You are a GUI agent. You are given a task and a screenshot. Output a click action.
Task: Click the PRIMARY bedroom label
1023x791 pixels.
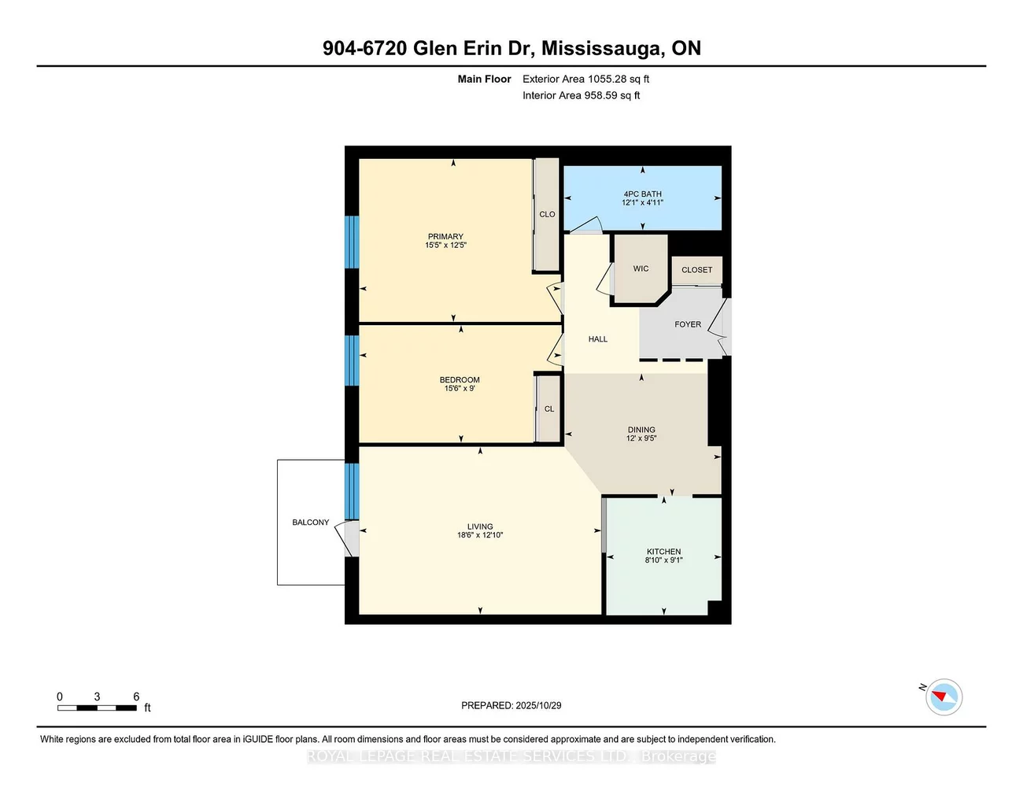pos(445,236)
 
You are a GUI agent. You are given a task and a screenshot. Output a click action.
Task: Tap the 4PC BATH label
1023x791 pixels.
pos(642,194)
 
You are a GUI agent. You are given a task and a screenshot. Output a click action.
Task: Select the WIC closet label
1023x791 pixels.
pos(641,268)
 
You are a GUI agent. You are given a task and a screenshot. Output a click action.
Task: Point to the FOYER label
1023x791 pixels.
pos(687,324)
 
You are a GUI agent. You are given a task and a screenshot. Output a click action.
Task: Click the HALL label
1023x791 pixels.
pos(597,339)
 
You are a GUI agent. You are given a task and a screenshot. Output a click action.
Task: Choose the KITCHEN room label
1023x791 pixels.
pos(663,552)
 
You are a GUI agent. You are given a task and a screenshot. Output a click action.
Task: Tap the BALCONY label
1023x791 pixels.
pos(310,523)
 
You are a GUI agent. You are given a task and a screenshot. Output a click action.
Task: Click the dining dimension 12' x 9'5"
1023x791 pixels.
pos(641,438)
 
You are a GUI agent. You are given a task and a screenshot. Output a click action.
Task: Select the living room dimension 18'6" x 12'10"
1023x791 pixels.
pos(479,535)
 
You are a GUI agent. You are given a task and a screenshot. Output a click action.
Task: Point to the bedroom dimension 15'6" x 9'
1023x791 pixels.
pos(460,388)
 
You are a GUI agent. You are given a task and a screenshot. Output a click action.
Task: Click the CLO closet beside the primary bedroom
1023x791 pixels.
pos(547,214)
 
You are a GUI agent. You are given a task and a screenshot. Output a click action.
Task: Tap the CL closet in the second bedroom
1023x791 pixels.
pos(548,408)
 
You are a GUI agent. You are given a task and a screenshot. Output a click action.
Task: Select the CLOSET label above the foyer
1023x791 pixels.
pos(696,270)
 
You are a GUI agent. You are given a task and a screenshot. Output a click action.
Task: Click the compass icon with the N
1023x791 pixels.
pos(943,697)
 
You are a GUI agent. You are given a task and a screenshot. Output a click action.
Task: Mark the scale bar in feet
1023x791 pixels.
pos(97,708)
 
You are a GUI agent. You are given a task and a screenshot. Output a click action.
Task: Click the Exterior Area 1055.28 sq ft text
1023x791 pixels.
pos(585,79)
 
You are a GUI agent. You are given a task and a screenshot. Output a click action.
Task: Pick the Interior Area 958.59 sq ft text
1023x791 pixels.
pos(581,95)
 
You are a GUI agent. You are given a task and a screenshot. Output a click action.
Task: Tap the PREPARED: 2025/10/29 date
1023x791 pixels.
pos(511,705)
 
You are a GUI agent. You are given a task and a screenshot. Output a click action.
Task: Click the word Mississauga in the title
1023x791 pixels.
pos(602,48)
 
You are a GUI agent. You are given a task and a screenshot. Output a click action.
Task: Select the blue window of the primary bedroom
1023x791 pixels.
pos(352,242)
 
